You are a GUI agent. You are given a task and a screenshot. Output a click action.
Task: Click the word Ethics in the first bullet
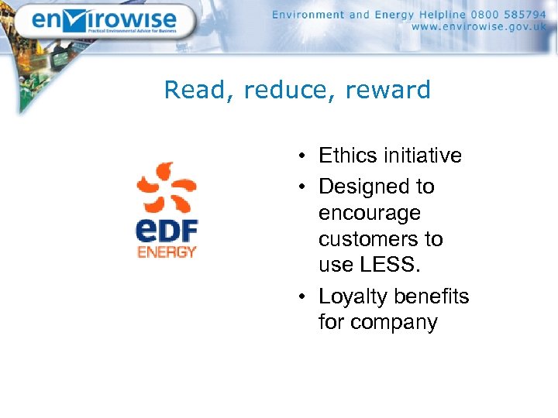click(346, 156)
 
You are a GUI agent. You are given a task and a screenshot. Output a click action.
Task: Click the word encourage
click(369, 214)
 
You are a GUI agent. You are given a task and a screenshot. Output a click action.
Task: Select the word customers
click(369, 239)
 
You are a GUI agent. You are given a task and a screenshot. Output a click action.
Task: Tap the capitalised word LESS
click(394, 266)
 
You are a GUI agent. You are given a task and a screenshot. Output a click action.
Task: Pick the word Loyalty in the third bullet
click(353, 296)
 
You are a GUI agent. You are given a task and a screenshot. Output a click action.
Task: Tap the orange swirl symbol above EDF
click(167, 188)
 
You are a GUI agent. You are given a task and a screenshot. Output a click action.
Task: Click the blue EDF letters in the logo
click(167, 231)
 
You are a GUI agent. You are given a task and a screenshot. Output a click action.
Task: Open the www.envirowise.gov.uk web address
click(479, 27)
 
